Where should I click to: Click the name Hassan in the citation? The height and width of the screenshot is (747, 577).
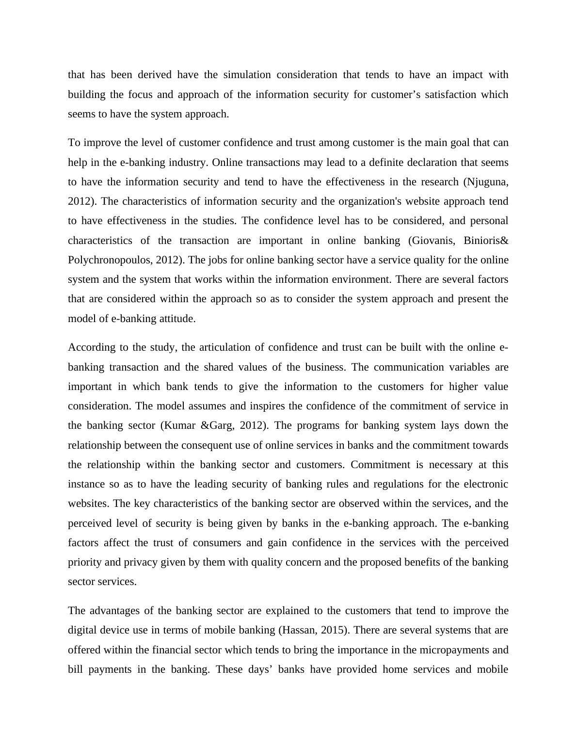[x=297, y=630]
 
